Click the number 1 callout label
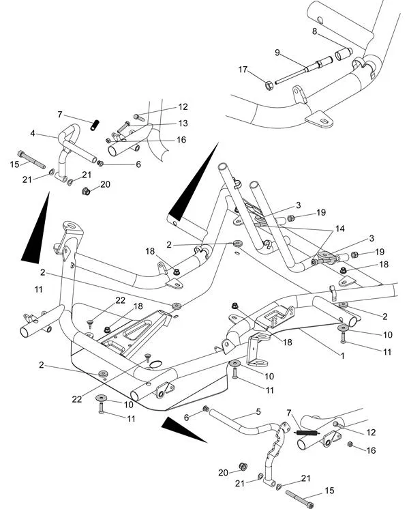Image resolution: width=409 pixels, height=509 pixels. (343, 355)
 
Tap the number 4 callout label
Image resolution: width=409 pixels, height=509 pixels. (32, 134)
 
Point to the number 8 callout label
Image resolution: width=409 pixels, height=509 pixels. (315, 31)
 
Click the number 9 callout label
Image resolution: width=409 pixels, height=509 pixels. (277, 52)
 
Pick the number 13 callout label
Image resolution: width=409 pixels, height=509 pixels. (183, 123)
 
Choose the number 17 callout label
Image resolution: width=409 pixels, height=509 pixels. (243, 69)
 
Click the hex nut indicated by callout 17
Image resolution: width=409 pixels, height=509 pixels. (269, 85)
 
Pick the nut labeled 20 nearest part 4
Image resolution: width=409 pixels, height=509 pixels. (87, 192)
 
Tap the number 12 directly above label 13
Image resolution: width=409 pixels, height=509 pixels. (183, 107)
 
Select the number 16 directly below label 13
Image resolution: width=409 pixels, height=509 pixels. (181, 139)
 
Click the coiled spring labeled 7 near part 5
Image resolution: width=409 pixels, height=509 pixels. (307, 432)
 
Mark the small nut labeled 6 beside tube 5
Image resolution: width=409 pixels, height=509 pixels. (206, 408)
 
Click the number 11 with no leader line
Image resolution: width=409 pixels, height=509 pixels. (38, 289)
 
